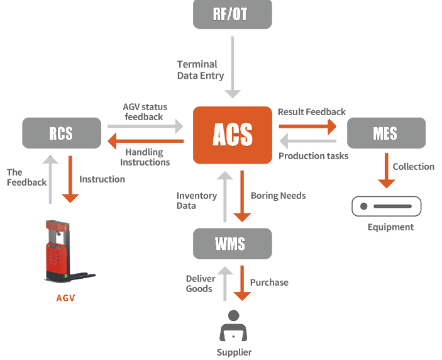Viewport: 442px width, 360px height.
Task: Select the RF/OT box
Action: pos(233,14)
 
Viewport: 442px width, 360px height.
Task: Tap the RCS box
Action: pos(61,133)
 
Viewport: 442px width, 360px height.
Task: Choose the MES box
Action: pos(386,133)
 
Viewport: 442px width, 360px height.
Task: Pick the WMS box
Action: pos(233,244)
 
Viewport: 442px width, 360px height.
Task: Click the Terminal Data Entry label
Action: pos(200,70)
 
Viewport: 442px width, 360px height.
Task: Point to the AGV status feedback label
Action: pos(145,111)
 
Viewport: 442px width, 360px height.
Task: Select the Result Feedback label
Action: pos(311,111)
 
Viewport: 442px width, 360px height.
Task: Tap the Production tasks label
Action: pos(313,156)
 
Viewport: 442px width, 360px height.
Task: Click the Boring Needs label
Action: pos(278,196)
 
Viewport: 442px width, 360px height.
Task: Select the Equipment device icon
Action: pos(386,206)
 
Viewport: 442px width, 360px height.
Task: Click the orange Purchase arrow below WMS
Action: pos(241,283)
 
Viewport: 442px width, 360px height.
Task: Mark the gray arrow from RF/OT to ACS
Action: pos(233,67)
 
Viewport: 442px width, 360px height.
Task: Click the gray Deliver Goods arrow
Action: pos(225,283)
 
